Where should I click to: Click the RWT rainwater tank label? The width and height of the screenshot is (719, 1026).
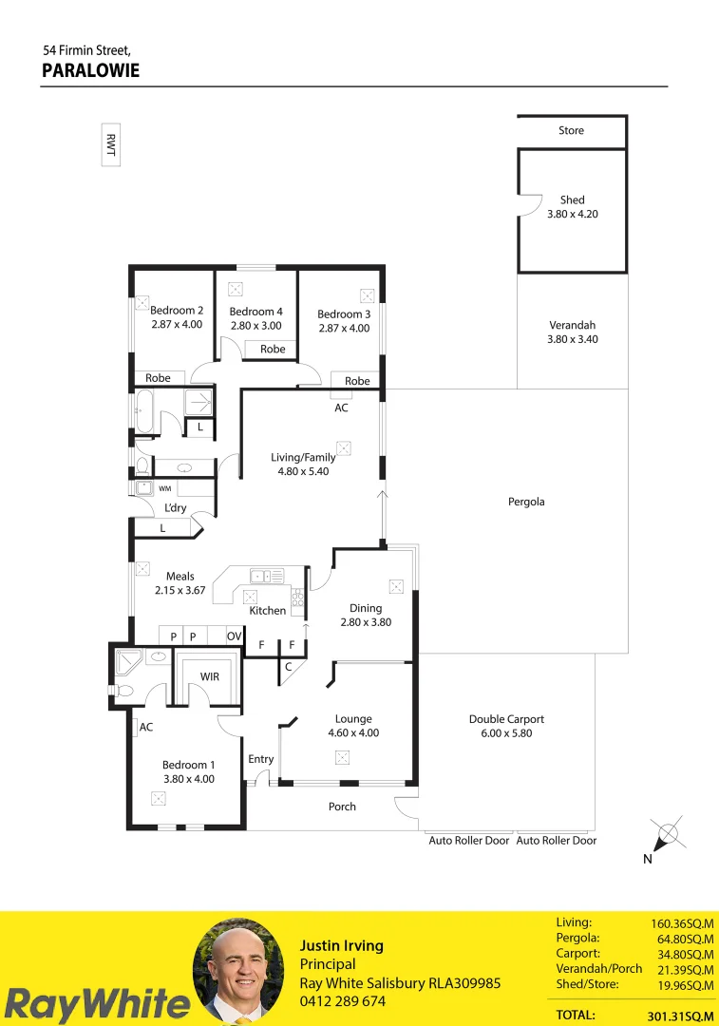pyautogui.click(x=111, y=144)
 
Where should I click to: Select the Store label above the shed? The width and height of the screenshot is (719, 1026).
pyautogui.click(x=571, y=130)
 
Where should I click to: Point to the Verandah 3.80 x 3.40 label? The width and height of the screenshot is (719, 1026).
pyautogui.click(x=572, y=332)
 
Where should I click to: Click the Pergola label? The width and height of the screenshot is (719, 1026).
pyautogui.click(x=526, y=502)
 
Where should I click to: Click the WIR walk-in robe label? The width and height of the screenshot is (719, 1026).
pyautogui.click(x=209, y=676)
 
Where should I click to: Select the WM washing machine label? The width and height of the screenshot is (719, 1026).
pyautogui.click(x=164, y=488)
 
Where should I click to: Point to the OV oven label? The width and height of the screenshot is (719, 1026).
pyautogui.click(x=234, y=636)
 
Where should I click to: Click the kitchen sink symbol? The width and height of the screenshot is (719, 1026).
pyautogui.click(x=267, y=576)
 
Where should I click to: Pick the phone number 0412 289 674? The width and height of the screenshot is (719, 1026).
pyautogui.click(x=343, y=1001)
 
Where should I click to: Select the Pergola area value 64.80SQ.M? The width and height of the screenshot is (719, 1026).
pyautogui.click(x=683, y=939)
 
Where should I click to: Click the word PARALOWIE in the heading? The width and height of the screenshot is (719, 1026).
pyautogui.click(x=91, y=70)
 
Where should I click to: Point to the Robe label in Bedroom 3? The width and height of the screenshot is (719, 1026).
pyautogui.click(x=357, y=381)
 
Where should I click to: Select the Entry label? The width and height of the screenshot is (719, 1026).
pyautogui.click(x=260, y=759)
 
